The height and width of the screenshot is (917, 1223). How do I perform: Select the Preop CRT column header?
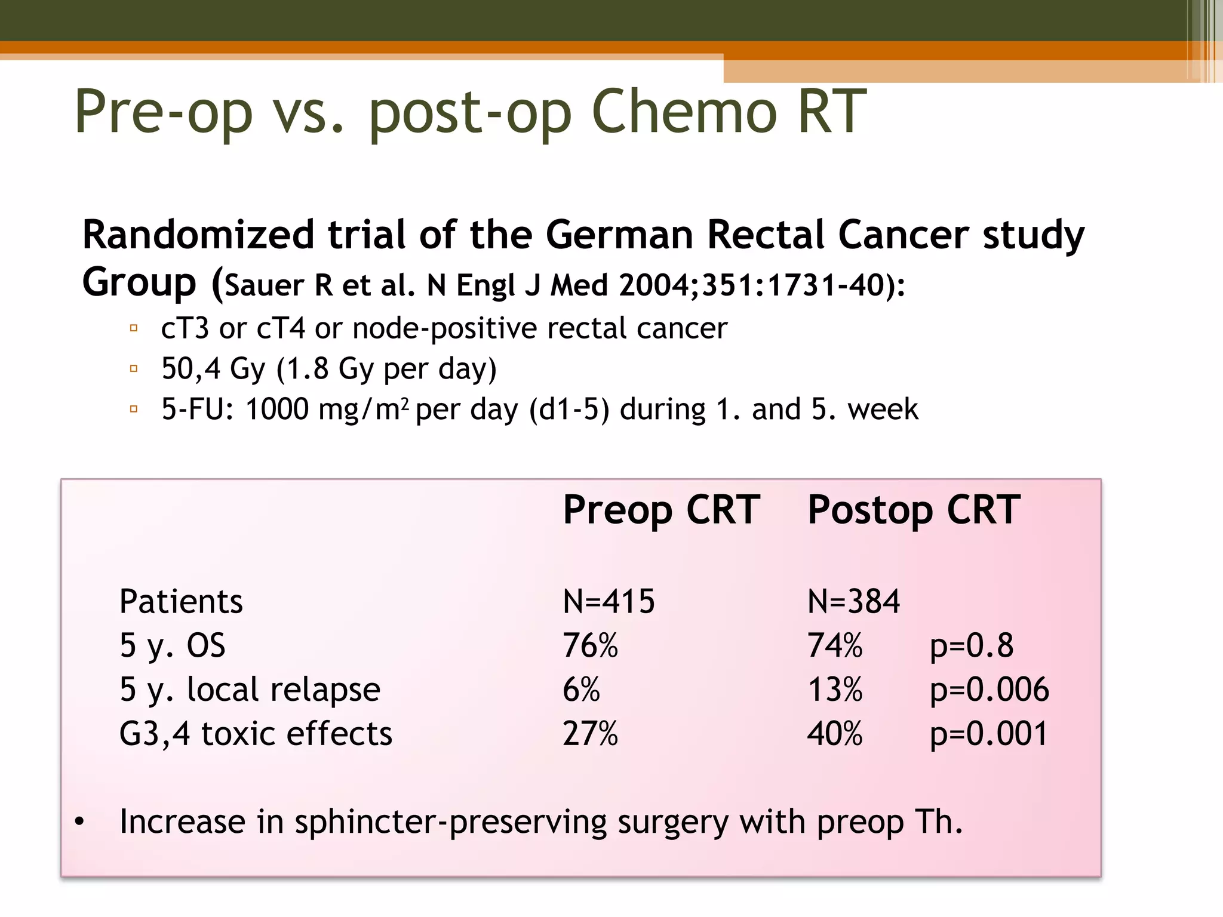[661, 510]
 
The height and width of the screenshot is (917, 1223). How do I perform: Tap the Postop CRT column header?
[914, 510]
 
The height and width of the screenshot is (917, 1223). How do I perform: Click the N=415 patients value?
[609, 601]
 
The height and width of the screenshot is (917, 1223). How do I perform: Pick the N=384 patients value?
[853, 601]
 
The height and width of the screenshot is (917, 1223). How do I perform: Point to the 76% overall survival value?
[590, 645]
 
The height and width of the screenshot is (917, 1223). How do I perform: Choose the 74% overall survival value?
[835, 645]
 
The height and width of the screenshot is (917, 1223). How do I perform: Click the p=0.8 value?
[972, 645]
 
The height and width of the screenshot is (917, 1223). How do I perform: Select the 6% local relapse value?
[581, 690]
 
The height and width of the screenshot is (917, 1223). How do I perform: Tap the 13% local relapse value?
[835, 690]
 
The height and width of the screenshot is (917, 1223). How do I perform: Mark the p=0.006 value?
[989, 690]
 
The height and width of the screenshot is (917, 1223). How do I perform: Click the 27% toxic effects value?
[590, 734]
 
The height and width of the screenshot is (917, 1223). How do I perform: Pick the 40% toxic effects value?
[835, 734]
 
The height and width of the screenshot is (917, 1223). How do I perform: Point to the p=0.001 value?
[989, 734]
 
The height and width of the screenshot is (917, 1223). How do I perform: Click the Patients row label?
[181, 601]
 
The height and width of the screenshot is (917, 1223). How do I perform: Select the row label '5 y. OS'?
[173, 645]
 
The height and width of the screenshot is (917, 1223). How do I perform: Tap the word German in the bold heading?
[619, 234]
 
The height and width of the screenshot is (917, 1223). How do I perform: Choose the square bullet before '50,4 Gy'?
[134, 368]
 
